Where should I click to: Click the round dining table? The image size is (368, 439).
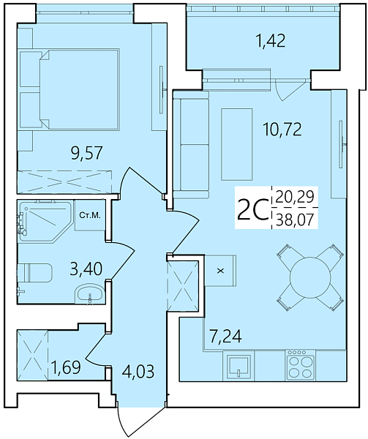point(309,277)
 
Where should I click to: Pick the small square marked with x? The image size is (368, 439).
point(219,269)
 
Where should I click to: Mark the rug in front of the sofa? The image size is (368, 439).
point(236,139)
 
